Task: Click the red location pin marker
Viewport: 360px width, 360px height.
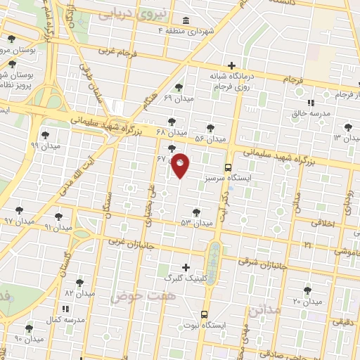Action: [181, 165]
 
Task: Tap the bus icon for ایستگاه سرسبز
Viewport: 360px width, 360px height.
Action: [228, 167]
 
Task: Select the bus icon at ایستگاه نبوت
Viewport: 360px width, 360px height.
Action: [204, 314]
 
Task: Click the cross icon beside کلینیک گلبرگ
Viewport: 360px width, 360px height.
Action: [186, 266]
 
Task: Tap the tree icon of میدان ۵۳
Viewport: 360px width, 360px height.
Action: [196, 212]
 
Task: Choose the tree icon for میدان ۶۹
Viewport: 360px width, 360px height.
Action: [179, 87]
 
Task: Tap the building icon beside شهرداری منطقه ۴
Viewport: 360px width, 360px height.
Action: [185, 20]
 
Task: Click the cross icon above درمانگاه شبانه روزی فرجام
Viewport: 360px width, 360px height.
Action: [231, 65]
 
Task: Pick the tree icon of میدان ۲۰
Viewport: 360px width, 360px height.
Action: [307, 290]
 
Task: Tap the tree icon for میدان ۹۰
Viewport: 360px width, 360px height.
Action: [29, 328]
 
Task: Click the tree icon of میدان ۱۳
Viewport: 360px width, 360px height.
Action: [345, 127]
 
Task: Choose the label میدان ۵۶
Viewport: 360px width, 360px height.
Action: [210, 139]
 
